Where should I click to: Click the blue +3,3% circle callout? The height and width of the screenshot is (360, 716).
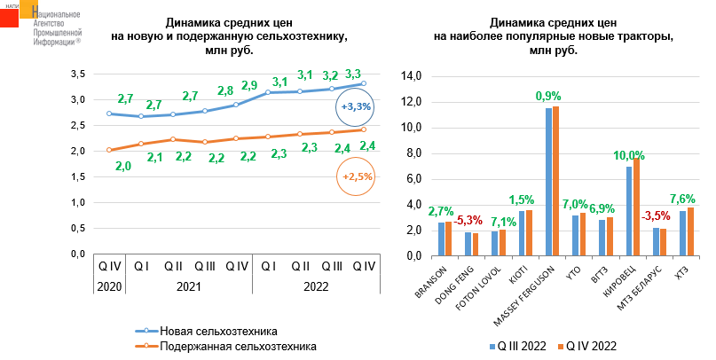click(x=356, y=107)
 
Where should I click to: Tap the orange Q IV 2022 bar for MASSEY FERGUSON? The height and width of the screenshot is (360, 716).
click(x=556, y=181)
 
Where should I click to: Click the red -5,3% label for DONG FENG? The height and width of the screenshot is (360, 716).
click(x=468, y=219)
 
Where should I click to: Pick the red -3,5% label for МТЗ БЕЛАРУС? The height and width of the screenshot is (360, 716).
click(x=656, y=215)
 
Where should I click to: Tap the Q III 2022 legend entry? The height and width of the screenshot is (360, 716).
click(x=517, y=346)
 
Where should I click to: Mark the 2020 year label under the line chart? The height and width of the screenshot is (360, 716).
click(x=108, y=286)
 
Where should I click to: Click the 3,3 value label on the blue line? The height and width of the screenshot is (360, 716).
click(x=352, y=74)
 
